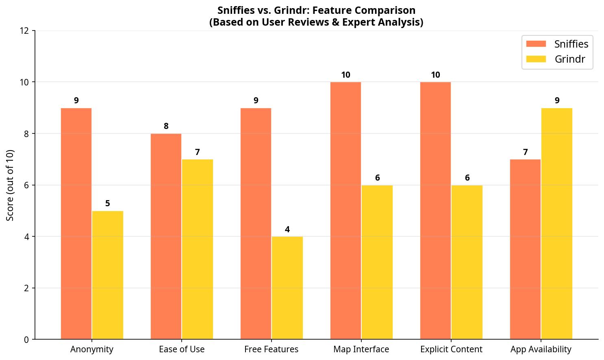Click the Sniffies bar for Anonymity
point(76,223)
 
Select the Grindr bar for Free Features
point(287,288)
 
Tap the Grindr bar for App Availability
point(557,223)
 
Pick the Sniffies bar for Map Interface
point(345,210)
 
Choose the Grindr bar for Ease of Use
point(198,249)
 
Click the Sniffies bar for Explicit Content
point(435,210)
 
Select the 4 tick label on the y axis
point(27,237)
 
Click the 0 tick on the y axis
point(27,340)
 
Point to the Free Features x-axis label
point(271,349)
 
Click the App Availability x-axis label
point(541,349)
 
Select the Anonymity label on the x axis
point(92,349)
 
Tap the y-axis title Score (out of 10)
point(11,185)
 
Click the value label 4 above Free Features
point(287,229)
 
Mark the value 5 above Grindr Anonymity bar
point(108,203)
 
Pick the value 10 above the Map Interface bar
point(345,75)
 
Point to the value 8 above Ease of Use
point(166,126)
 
